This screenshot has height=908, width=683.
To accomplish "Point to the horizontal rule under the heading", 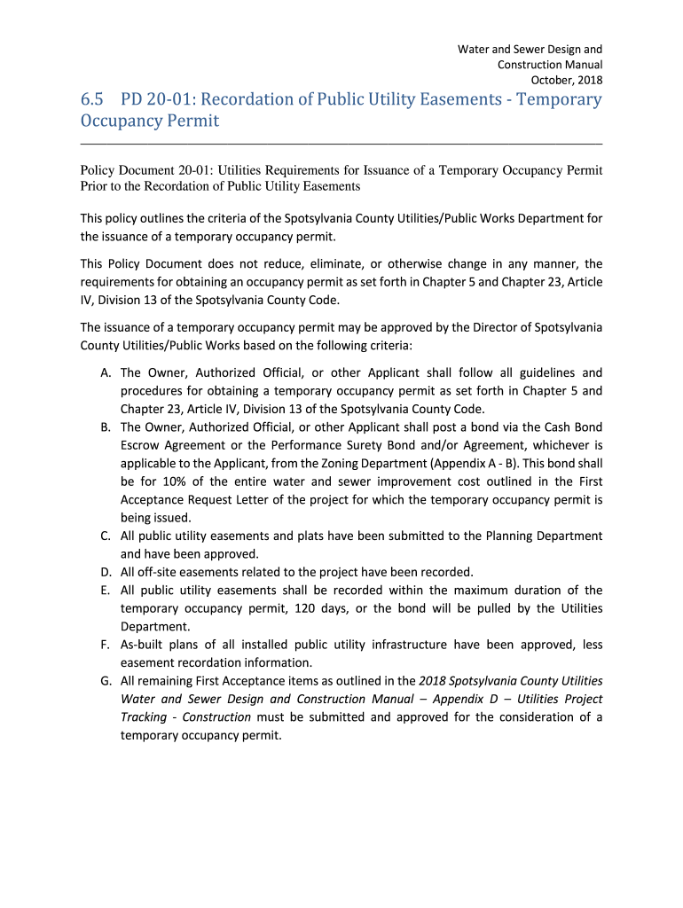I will (341, 143).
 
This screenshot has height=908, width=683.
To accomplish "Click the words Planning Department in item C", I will (544, 536).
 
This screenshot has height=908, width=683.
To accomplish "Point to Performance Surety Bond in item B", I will (333, 445).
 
